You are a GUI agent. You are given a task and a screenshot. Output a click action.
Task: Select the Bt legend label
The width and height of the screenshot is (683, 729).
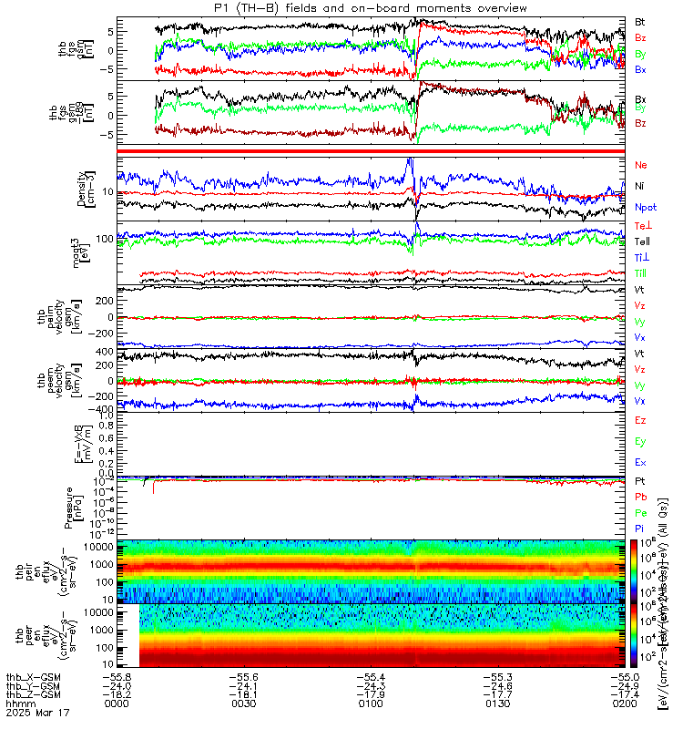coord(640,21)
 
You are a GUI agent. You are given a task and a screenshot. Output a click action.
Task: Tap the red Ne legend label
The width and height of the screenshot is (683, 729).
coord(640,165)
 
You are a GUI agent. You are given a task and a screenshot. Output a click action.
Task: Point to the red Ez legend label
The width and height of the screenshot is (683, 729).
coord(640,420)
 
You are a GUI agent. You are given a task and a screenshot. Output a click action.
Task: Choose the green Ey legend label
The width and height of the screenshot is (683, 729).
coord(640,442)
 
